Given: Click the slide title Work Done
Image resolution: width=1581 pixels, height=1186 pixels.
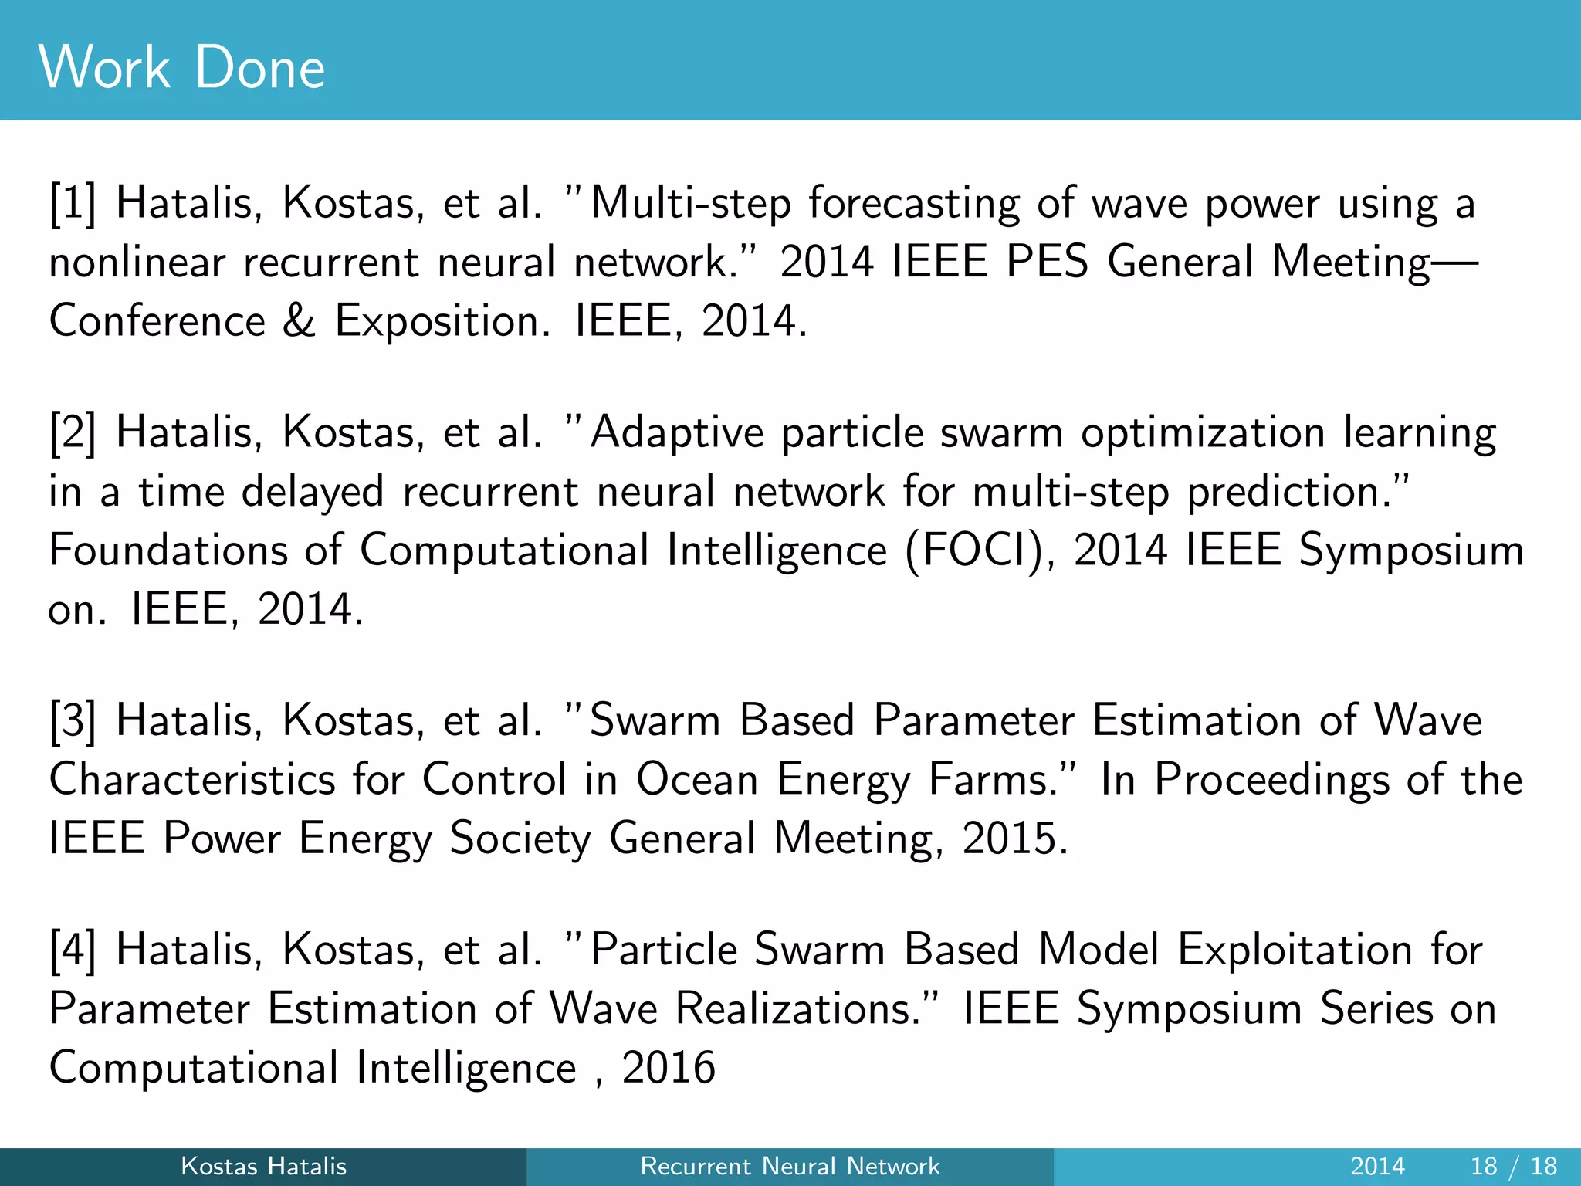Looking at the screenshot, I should pyautogui.click(x=181, y=68).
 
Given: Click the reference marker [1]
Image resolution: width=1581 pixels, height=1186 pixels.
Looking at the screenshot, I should pyautogui.click(x=73, y=204).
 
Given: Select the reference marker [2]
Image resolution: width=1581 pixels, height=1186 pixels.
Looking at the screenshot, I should pyautogui.click(x=73, y=432).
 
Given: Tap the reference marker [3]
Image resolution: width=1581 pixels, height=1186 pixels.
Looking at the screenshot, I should pyautogui.click(x=73, y=721).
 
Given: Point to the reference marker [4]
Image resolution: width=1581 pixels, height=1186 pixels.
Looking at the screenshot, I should pyautogui.click(x=73, y=950).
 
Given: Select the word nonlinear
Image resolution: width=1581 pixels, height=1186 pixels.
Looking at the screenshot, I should pyautogui.click(x=137, y=263).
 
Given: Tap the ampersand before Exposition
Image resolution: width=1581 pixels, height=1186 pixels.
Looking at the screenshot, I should pyautogui.click(x=299, y=320).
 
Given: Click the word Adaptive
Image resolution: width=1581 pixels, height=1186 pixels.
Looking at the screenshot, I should pyautogui.click(x=676, y=432).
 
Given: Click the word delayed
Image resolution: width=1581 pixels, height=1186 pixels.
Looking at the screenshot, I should pyautogui.click(x=313, y=492).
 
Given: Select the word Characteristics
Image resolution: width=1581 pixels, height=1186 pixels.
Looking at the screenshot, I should pyautogui.click(x=192, y=779).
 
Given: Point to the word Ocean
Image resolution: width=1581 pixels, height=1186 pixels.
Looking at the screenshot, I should pyautogui.click(x=697, y=779).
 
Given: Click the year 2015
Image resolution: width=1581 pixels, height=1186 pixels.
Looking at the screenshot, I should pyautogui.click(x=1014, y=839).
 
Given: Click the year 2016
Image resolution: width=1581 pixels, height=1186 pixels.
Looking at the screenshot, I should pyautogui.click(x=669, y=1068).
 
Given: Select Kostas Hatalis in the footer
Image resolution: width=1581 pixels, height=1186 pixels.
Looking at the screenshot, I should pyautogui.click(x=263, y=1166).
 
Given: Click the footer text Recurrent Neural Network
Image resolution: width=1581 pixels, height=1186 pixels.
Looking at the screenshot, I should pyautogui.click(x=790, y=1166).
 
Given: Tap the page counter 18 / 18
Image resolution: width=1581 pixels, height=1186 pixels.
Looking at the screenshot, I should pyautogui.click(x=1514, y=1166).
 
